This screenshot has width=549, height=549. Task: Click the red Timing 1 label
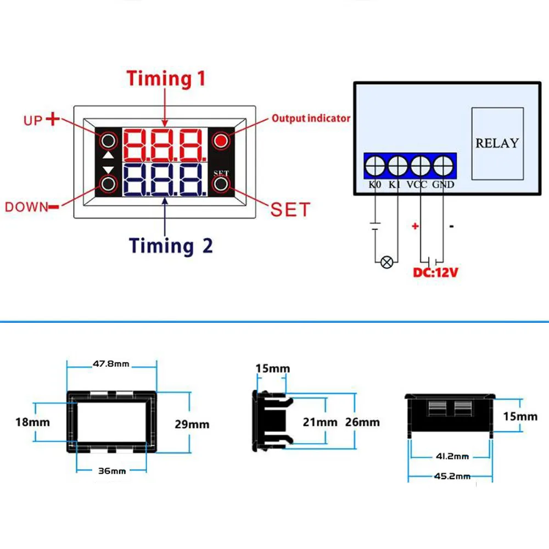click(166, 79)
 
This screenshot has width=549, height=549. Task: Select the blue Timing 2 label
click(171, 245)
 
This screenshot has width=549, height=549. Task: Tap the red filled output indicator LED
click(221, 141)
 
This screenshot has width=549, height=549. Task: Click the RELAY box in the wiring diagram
click(497, 143)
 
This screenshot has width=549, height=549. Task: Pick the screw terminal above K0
click(375, 166)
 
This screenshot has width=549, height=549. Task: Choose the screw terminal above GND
click(443, 166)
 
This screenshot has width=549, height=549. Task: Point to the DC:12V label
click(435, 272)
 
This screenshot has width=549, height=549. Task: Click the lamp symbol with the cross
click(386, 262)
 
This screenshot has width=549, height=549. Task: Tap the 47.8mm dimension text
click(111, 364)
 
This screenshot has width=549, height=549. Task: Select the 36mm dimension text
click(112, 471)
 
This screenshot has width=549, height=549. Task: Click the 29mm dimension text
click(192, 424)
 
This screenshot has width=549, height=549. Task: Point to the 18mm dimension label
click(32, 422)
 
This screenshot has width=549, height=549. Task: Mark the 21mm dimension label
click(320, 422)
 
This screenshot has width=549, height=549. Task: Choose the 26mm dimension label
click(362, 422)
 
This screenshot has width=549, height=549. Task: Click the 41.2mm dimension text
click(452, 456)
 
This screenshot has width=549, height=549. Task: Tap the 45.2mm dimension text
click(452, 476)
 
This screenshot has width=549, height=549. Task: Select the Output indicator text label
click(311, 119)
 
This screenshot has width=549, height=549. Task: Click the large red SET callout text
click(290, 210)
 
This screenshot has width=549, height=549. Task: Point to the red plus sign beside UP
click(53, 119)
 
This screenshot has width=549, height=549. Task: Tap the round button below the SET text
click(221, 184)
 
